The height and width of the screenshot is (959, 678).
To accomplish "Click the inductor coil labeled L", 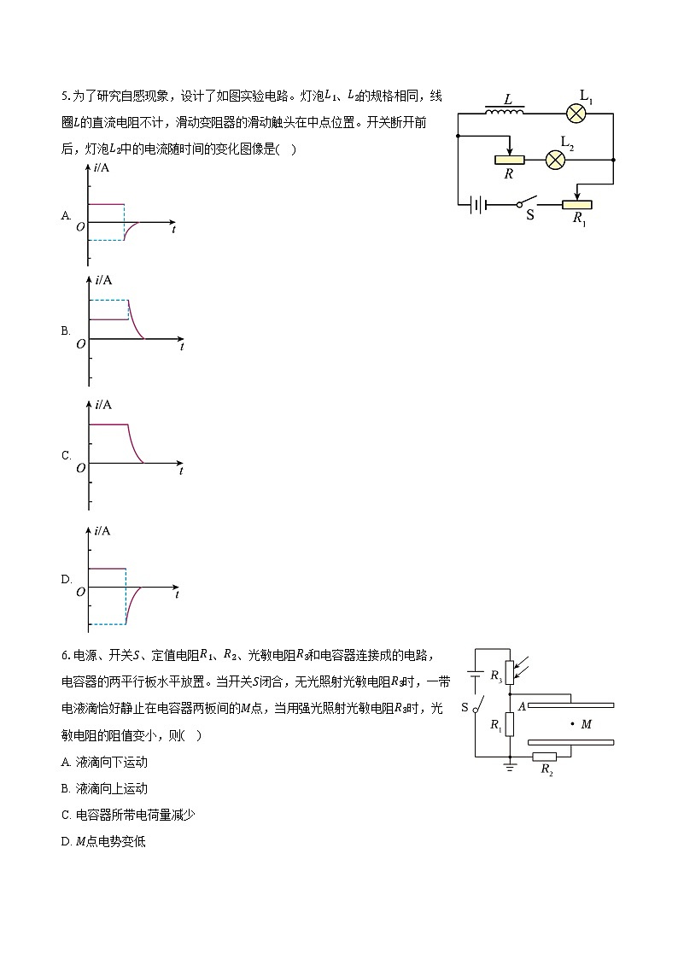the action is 505,112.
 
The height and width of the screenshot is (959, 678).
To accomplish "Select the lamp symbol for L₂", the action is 556,159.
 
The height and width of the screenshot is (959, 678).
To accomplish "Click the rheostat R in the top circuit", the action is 510,159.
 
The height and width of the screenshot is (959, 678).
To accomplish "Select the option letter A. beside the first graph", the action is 66,216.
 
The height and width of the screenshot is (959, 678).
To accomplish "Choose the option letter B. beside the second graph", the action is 66,331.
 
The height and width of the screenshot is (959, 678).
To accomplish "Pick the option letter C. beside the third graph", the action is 66,455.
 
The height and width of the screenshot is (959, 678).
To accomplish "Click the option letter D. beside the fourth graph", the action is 66,579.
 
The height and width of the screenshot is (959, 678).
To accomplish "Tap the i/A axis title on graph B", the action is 103,280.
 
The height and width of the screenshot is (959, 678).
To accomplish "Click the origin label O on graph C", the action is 80,468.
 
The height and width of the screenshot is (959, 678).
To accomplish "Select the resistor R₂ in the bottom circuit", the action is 544,756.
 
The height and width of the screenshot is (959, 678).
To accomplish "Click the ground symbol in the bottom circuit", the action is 510,766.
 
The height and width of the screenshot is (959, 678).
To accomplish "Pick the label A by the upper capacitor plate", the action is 520,705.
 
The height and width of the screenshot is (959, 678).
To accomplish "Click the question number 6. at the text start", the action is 65,656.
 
